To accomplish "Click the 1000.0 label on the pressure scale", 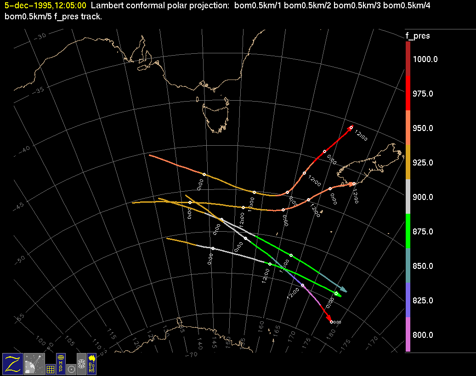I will tap(425, 59).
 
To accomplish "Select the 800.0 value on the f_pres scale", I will tap(423, 335).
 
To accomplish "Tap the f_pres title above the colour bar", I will tap(417, 36).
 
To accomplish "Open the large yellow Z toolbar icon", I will tap(12, 364).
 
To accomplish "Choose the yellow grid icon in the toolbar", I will tap(51, 369).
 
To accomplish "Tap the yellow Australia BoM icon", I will tap(92, 364).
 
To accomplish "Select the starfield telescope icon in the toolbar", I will tap(34, 364).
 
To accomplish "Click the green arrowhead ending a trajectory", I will tap(339, 295).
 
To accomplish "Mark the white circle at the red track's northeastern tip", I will tap(351, 127).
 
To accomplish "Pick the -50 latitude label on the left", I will tap(21, 260).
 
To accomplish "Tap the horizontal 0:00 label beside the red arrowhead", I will tap(337, 322).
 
